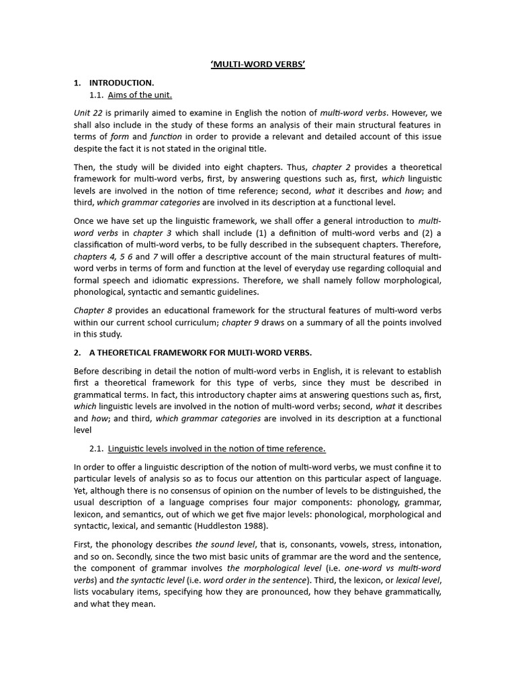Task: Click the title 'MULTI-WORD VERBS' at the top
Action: click(x=257, y=66)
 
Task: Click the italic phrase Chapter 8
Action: click(x=93, y=310)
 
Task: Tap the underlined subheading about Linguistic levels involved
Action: click(x=216, y=448)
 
